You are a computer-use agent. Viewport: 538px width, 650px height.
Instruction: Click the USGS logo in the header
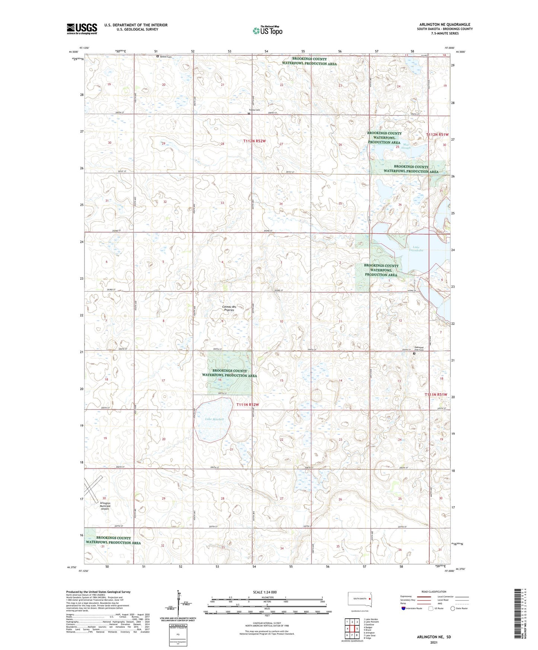coord(82,29)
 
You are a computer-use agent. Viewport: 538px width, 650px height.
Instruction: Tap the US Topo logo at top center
coord(267,30)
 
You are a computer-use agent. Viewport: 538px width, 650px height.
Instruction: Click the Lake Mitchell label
coord(214,419)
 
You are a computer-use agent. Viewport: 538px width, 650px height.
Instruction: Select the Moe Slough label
coord(406,146)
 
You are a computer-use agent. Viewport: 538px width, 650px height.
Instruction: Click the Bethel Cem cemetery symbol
coord(157,57)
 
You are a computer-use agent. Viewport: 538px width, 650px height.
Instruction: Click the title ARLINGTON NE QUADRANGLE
coord(445,25)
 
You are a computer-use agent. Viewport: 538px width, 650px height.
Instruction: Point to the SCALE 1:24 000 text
coord(265,592)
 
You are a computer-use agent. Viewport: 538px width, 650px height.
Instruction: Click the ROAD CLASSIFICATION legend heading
coord(434,592)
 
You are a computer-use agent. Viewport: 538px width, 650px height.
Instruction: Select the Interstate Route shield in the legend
coord(404,608)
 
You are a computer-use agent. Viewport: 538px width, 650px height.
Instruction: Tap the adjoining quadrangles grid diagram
coord(351,629)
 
